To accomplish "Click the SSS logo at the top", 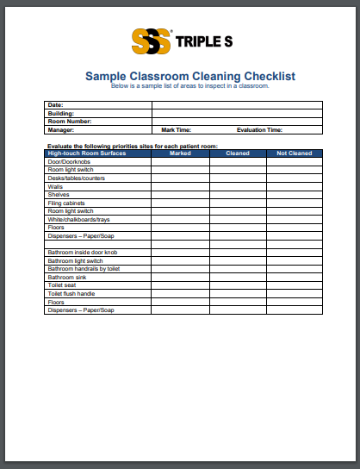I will pyautogui.click(x=151, y=41).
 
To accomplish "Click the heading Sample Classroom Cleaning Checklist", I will pyautogui.click(x=189, y=76).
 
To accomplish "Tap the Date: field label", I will pyautogui.click(x=56, y=104).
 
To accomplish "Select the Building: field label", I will pyautogui.click(x=61, y=113).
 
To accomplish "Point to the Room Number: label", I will pyautogui.click(x=66, y=122).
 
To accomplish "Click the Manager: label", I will pyautogui.click(x=61, y=130).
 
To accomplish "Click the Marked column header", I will pyautogui.click(x=180, y=153).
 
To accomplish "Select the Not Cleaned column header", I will pyautogui.click(x=294, y=153).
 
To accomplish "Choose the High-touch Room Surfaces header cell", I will pyautogui.click(x=82, y=153).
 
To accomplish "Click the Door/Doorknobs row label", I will pyautogui.click(x=69, y=161).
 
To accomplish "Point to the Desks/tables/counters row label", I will pyautogui.click(x=76, y=178).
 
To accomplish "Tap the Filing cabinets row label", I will pyautogui.click(x=66, y=203).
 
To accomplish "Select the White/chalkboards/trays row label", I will pyautogui.click(x=80, y=219).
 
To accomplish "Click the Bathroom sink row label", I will pyautogui.click(x=67, y=277).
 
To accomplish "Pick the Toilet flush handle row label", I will pyautogui.click(x=71, y=294).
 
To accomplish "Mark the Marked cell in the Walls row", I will pyautogui.click(x=180, y=186).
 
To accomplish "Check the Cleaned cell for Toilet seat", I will pyautogui.click(x=238, y=285).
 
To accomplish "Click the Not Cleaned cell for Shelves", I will pyautogui.click(x=294, y=194).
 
